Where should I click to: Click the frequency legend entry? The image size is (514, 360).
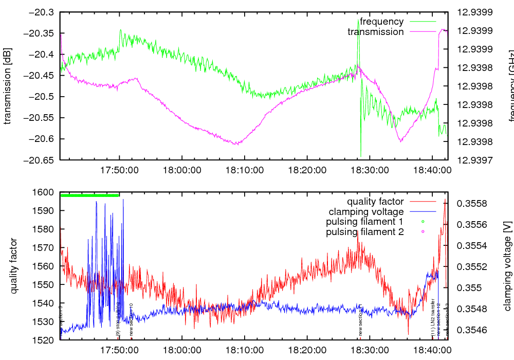[x=381, y=22]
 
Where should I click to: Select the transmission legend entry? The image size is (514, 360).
[x=376, y=32]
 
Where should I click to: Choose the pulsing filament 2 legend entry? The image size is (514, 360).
[x=364, y=232]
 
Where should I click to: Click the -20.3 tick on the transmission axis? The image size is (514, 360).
[x=42, y=12]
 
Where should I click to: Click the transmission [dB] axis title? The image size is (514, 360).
[x=8, y=86]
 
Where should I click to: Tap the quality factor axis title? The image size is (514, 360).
[x=14, y=266]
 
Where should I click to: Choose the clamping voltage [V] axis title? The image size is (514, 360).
[x=507, y=266]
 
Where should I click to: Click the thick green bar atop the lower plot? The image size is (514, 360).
[x=90, y=195]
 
